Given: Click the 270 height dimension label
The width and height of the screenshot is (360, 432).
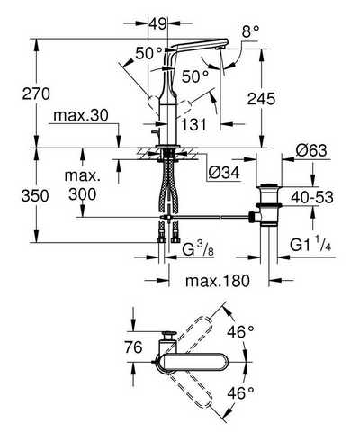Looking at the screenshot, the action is pos(36,94).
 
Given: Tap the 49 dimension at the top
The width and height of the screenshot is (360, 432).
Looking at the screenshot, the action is pos(158,23).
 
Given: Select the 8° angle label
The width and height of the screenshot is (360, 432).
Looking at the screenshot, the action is pos(250,31).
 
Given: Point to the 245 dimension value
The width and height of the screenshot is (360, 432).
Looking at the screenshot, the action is pos(261,99).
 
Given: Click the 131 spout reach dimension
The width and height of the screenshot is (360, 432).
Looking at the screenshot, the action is pos(193,124).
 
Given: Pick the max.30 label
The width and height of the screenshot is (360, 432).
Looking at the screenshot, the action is pos(81,115).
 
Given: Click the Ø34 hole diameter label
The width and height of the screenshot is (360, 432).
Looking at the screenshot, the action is pos(224,173).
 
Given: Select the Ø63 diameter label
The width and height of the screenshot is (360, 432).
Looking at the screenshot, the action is pos(311,150).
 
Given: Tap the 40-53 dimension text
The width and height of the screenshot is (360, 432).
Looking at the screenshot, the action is pos(312,197).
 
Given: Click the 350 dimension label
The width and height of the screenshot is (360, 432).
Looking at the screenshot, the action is pos(35,196).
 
